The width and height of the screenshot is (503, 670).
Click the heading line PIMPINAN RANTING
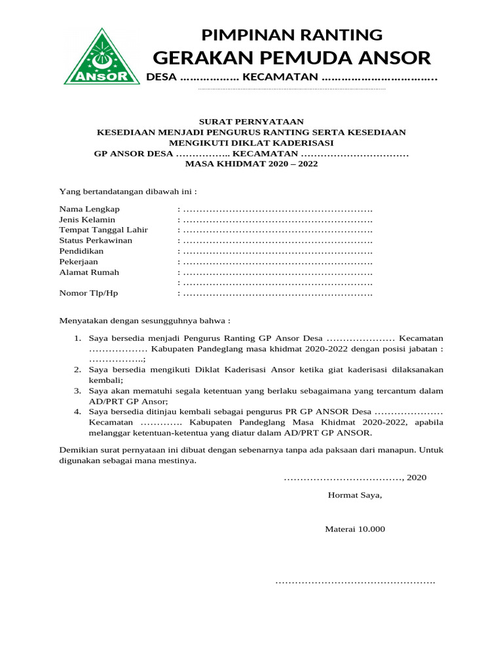pos(291,34)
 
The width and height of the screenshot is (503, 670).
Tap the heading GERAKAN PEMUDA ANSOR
pos(291,58)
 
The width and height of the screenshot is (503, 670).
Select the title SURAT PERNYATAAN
pos(251,122)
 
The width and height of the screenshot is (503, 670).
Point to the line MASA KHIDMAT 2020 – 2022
pos(251,164)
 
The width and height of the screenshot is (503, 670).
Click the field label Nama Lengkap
pos(90,209)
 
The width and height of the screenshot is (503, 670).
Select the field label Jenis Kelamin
pos(87,220)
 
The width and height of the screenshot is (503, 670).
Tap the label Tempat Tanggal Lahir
pos(103,230)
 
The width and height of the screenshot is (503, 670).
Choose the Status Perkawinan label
pos(96,241)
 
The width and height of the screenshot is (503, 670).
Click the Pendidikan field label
pos(81,251)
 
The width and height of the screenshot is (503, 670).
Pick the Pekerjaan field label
pos(79,262)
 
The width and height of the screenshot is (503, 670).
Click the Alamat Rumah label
pos(89,272)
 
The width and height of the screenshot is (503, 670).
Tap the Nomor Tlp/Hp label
pos(88,293)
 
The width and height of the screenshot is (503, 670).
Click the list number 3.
pos(77,391)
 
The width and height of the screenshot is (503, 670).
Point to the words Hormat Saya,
pos(354,495)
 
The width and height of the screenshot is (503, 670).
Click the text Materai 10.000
pos(355,529)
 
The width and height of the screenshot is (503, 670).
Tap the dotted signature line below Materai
pos(354,581)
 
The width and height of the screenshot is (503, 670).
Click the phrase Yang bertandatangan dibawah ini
pos(128,192)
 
